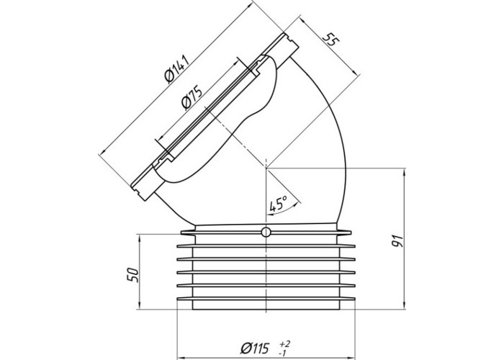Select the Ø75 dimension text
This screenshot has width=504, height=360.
tap(192, 96)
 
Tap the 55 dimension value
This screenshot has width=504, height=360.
tap(330, 39)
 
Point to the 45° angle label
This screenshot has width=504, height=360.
tap(279, 204)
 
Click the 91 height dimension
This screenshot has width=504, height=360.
tap(397, 241)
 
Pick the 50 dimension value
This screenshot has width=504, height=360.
tap(133, 275)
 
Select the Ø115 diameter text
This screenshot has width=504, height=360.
tap(255, 348)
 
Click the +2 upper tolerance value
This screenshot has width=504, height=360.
tap(285, 344)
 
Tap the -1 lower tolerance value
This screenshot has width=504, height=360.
tap(283, 354)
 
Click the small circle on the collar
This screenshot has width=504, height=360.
tap(266, 232)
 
